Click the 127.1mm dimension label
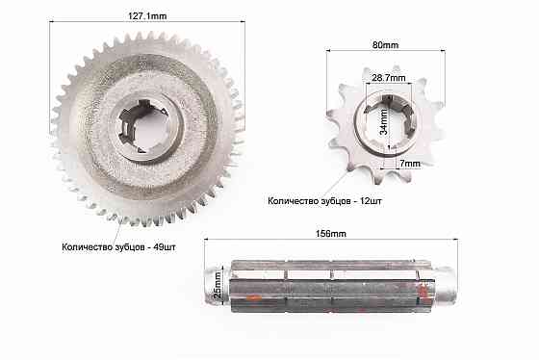pyautogui.click(x=147, y=16)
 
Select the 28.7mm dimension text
pyautogui.click(x=389, y=78)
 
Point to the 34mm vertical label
pyautogui.click(x=384, y=121)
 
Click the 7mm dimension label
pyautogui.click(x=410, y=164)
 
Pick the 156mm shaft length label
pyautogui.click(x=331, y=234)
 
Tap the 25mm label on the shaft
pyautogui.click(x=218, y=285)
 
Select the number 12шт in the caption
pyautogui.click(x=371, y=201)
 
